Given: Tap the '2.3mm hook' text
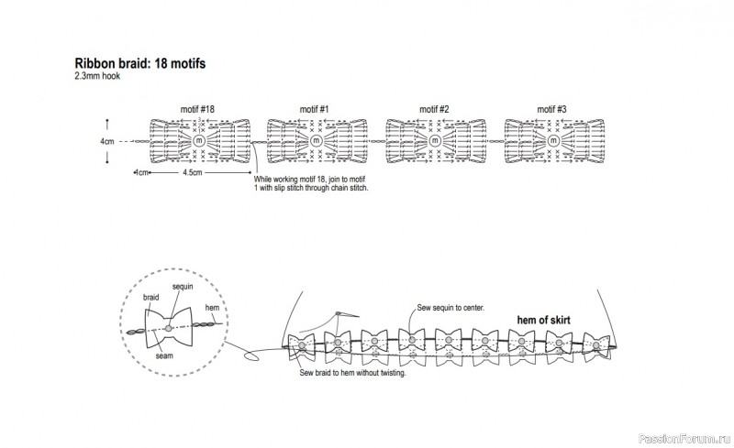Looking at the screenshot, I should click(x=98, y=76).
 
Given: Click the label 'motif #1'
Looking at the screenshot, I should click(x=315, y=110).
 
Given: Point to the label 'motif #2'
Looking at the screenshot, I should click(x=434, y=110).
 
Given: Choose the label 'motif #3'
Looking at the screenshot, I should click(x=552, y=110).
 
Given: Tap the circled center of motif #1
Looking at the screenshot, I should click(x=317, y=141).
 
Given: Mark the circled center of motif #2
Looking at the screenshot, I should click(x=434, y=141).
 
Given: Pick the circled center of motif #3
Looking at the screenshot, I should click(x=552, y=141).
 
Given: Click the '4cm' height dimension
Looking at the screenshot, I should click(x=107, y=142).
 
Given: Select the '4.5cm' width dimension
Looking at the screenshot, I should click(x=193, y=171).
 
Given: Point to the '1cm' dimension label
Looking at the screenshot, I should click(x=142, y=171).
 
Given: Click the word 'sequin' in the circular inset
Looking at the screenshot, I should click(x=181, y=288).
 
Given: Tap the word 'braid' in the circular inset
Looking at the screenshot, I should click(x=152, y=299).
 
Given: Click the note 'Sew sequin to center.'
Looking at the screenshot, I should click(x=450, y=308).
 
